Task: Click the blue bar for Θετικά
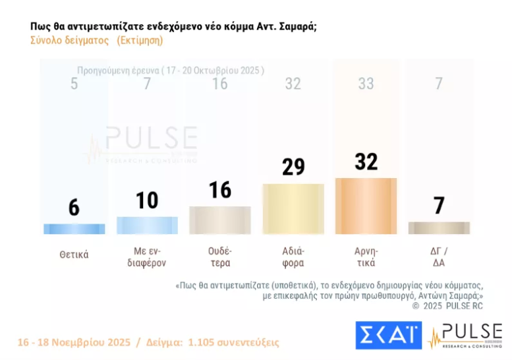(x=74, y=229)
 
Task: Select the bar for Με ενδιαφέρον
(x=147, y=225)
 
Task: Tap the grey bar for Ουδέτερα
(x=220, y=220)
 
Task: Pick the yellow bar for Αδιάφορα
(x=293, y=208)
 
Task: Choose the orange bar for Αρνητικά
(x=366, y=206)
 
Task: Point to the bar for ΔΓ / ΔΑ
(x=439, y=227)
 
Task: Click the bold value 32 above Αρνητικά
(x=366, y=162)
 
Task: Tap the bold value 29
(x=293, y=167)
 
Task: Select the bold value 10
(x=147, y=200)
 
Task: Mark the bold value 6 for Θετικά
(x=74, y=207)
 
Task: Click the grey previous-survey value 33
(x=366, y=84)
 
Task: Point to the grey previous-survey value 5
(x=74, y=84)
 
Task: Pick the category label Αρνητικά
(x=366, y=256)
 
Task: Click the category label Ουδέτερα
(x=220, y=256)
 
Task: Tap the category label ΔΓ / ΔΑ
(x=439, y=256)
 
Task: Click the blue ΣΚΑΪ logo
(x=388, y=335)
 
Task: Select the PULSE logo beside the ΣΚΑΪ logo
(x=465, y=335)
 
